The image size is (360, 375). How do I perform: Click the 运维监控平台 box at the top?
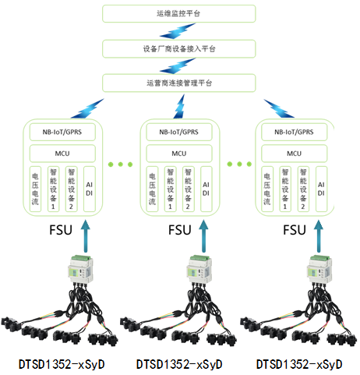coord(179,13)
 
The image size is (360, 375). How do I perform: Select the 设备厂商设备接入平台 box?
coord(179,48)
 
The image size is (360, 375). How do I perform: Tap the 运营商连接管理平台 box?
coord(179,83)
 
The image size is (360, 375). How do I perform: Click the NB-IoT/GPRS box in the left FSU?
coord(62,132)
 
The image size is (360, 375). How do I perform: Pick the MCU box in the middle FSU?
coord(179,154)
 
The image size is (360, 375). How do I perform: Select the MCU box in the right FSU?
coord(294,154)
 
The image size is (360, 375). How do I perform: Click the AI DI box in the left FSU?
coord(90,189)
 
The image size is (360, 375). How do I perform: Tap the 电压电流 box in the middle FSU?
coord(152,189)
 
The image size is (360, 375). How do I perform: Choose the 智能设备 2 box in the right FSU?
coord(303,189)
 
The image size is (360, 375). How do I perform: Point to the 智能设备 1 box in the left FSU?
coord(53,189)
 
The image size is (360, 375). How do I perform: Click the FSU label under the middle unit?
coord(180,230)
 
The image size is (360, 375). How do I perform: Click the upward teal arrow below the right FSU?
coord(319,236)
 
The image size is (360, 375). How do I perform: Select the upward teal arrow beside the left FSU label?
coord(86,236)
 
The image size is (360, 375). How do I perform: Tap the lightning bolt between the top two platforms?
coord(178,31)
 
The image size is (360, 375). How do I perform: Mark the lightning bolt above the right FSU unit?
coord(279,108)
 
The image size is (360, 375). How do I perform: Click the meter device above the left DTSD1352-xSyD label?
coord(80,269)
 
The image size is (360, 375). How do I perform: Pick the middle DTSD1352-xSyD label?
coord(179,364)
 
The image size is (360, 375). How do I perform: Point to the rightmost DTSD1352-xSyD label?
coord(299,364)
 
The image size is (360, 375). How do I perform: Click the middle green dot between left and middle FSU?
coord(120,165)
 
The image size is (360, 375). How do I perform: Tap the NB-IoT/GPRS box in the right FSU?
coord(294,132)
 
